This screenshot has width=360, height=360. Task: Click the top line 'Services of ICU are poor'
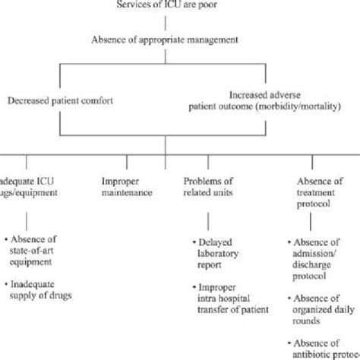165,6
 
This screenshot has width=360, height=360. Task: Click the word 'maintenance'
128,193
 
